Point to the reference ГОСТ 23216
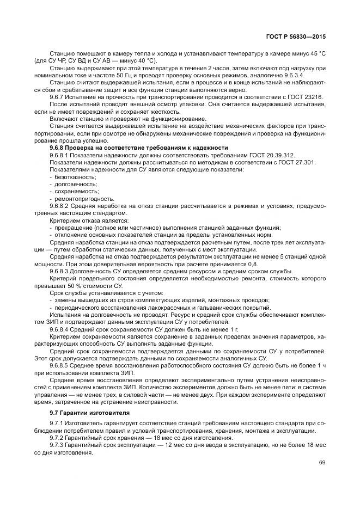pos(309,96)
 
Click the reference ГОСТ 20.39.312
pos(271,156)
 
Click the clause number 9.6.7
pos(57,96)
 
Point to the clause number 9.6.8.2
pos(60,206)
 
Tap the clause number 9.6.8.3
pos(60,271)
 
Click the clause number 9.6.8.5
pos(60,365)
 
